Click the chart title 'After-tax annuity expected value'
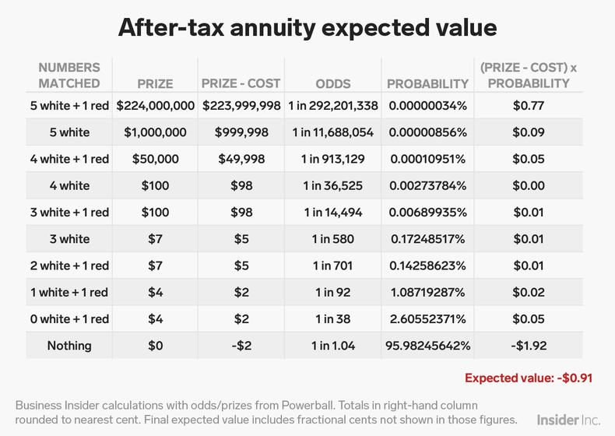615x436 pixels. pyautogui.click(x=307, y=27)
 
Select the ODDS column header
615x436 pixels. pyautogui.click(x=333, y=83)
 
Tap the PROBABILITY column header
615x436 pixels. pyautogui.click(x=427, y=83)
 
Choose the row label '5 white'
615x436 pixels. pyautogui.click(x=69, y=132)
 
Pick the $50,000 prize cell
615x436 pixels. pyautogui.click(x=154, y=159)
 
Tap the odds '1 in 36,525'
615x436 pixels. pyautogui.click(x=333, y=185)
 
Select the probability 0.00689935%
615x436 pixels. pyautogui.click(x=427, y=213)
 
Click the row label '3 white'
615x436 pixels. pyautogui.click(x=69, y=239)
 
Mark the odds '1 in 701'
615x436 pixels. pyautogui.click(x=333, y=265)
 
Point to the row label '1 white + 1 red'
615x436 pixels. pyautogui.click(x=69, y=293)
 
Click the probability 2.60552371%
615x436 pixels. pyautogui.click(x=427, y=319)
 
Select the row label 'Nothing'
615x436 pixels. pyautogui.click(x=69, y=346)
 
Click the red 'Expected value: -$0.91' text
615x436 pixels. pyautogui.click(x=529, y=378)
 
